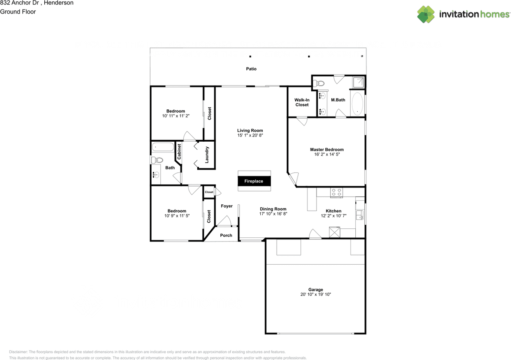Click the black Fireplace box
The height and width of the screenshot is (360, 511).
point(254,181)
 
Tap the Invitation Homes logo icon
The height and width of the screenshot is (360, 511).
point(426,14)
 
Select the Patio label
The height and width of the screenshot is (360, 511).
point(251,69)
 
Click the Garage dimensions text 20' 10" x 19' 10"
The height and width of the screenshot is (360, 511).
point(316,295)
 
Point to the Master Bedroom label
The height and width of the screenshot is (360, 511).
point(327,150)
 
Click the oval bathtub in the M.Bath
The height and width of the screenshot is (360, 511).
point(357,104)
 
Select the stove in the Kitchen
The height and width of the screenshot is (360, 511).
point(337,193)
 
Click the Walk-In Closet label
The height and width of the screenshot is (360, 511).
point(302,102)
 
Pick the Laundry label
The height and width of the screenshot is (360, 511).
point(207,154)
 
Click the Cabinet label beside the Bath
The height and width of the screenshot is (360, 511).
point(179,152)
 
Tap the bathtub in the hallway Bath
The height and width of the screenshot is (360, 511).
point(162,147)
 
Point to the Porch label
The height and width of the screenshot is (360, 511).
point(226,235)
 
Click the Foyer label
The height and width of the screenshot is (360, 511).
point(227,206)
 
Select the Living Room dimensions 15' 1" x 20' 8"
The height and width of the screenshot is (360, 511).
point(250,135)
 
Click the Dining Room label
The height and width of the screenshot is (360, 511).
point(273,209)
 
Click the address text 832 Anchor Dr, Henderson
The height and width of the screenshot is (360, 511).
point(37,3)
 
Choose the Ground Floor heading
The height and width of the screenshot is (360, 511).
point(18,12)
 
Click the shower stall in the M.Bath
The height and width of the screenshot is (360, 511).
point(358,82)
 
